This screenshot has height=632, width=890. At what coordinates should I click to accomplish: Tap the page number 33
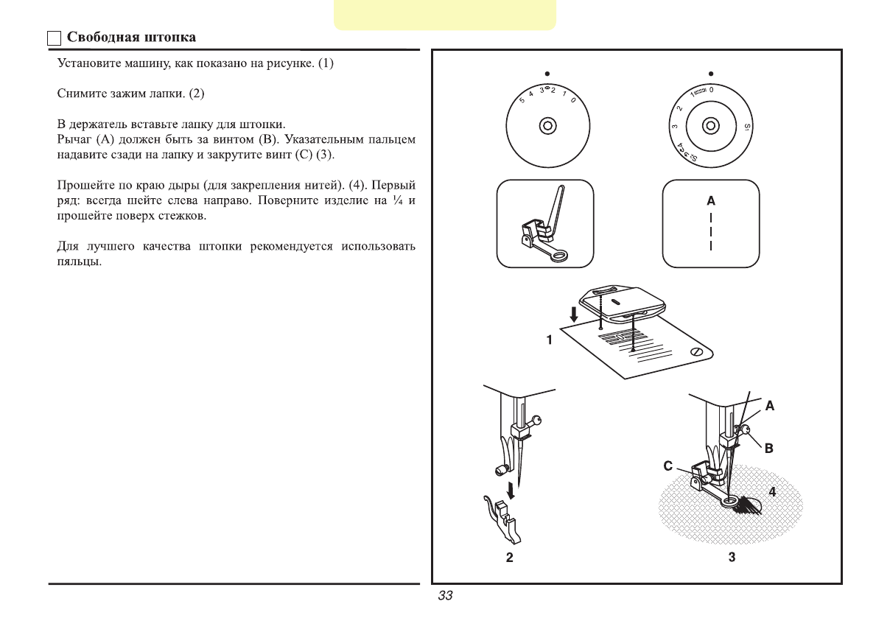pos(445,596)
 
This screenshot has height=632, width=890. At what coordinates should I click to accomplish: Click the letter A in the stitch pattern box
pos(710,201)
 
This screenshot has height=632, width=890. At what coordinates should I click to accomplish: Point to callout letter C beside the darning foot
pos(667,466)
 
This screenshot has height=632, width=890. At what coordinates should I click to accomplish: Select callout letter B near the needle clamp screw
pos(768,447)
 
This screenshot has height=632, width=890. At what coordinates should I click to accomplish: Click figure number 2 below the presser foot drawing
pos(509,558)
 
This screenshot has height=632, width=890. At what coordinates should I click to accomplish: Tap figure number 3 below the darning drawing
pos(732,558)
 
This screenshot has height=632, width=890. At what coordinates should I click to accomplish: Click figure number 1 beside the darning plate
pos(550,340)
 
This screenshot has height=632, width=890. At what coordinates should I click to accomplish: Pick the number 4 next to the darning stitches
pos(772,493)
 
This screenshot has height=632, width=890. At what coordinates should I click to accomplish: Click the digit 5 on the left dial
pos(522,100)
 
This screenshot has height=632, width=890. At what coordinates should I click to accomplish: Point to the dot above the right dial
pos(711,74)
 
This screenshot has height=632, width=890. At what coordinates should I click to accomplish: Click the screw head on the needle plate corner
pos(696,353)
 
